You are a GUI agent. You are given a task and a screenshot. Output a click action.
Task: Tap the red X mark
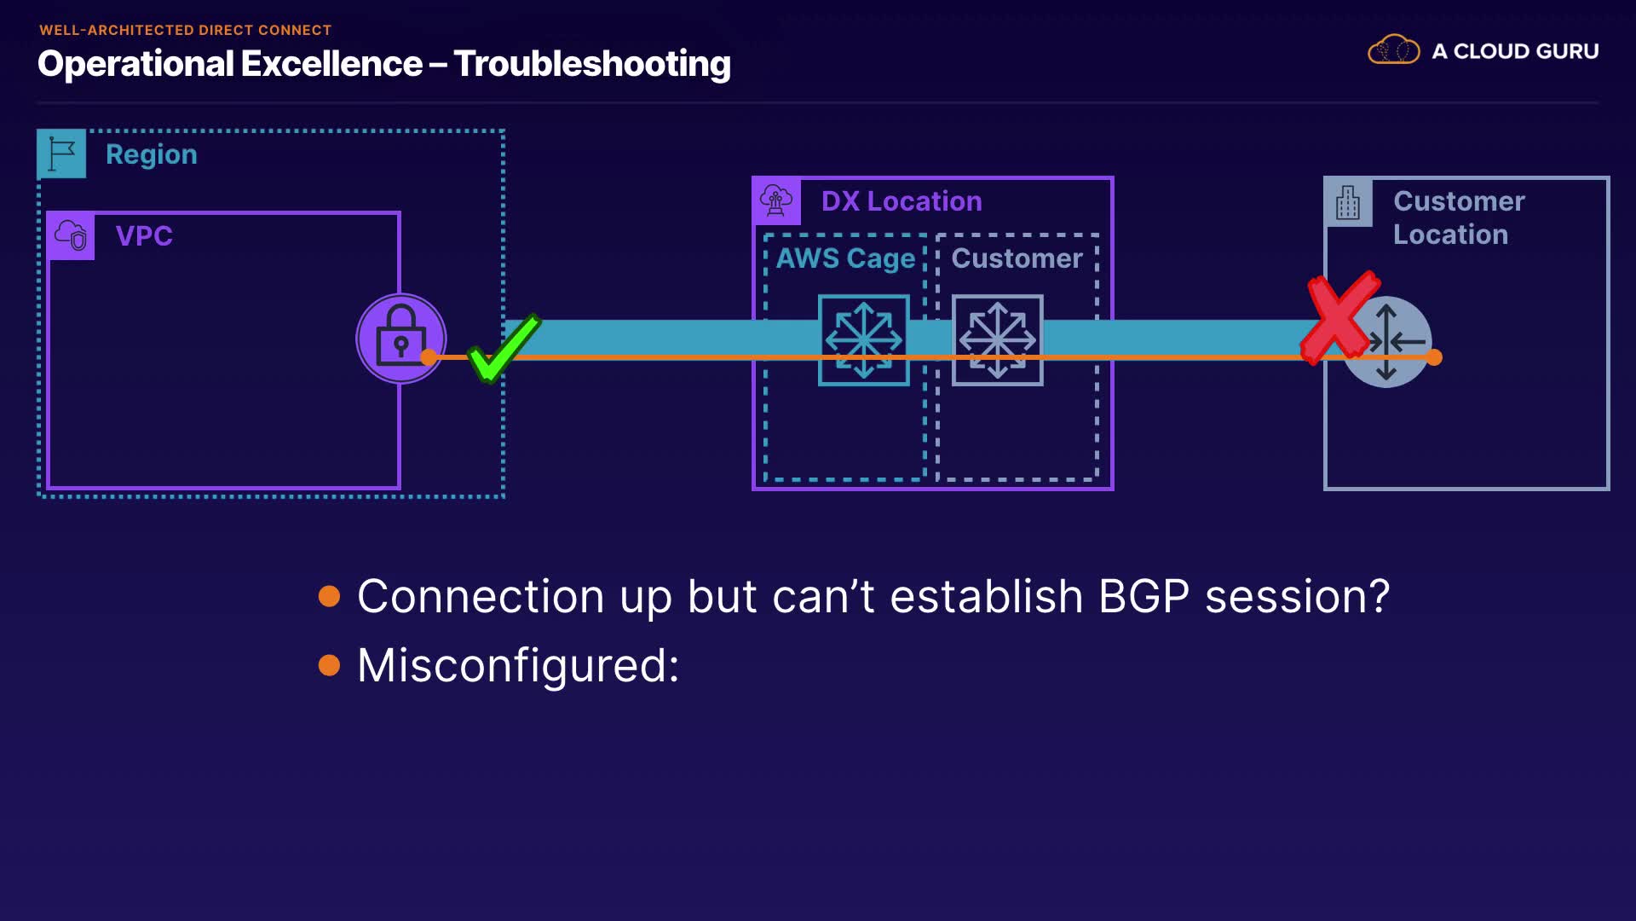point(1341,317)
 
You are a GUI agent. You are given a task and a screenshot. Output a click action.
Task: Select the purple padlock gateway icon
point(400,339)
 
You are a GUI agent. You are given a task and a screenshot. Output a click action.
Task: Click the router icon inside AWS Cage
point(863,340)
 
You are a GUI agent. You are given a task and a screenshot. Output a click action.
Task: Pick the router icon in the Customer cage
point(997,340)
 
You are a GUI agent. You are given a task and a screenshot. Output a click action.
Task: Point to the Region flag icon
point(61,153)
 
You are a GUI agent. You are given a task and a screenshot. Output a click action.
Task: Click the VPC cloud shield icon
point(71,235)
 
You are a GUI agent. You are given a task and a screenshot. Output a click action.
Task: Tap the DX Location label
point(901,201)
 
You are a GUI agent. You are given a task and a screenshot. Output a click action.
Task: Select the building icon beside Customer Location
point(1347,203)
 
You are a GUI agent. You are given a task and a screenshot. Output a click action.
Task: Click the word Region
point(151,154)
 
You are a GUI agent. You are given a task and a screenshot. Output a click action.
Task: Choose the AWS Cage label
point(844,258)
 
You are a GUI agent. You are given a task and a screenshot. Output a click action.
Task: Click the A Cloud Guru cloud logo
point(1393,50)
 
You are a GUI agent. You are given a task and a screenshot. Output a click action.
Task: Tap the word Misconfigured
point(517,665)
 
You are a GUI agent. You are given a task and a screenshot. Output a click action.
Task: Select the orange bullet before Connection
point(329,595)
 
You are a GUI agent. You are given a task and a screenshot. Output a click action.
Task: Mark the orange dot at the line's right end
point(1434,357)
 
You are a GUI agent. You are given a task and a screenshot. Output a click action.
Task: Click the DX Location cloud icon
point(775,201)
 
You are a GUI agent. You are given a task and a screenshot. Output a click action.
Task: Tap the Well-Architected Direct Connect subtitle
point(185,30)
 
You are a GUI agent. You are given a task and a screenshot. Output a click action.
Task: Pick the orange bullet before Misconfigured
point(329,664)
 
